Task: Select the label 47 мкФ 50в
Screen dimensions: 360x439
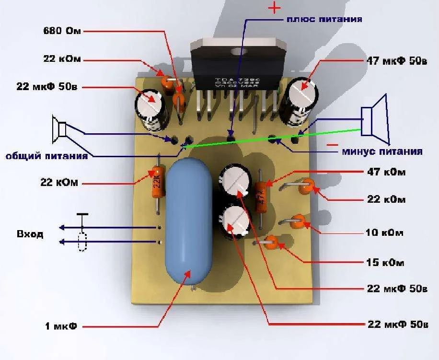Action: (396, 62)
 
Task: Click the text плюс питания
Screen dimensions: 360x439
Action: (324, 20)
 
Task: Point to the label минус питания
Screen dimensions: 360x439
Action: (382, 151)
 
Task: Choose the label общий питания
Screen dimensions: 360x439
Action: (46, 156)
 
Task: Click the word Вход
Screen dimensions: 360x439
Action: (30, 234)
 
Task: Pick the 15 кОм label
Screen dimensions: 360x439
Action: (385, 263)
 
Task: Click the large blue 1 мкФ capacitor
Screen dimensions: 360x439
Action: (188, 221)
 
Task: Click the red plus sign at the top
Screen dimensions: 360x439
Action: (274, 8)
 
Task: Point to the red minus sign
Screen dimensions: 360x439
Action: (332, 144)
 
